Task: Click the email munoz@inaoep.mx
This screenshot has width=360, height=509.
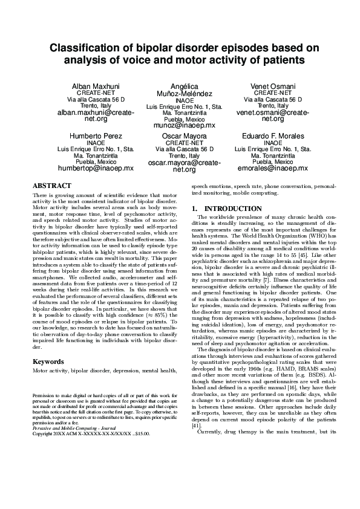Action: [181, 125]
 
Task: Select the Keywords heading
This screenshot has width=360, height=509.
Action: [48, 361]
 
